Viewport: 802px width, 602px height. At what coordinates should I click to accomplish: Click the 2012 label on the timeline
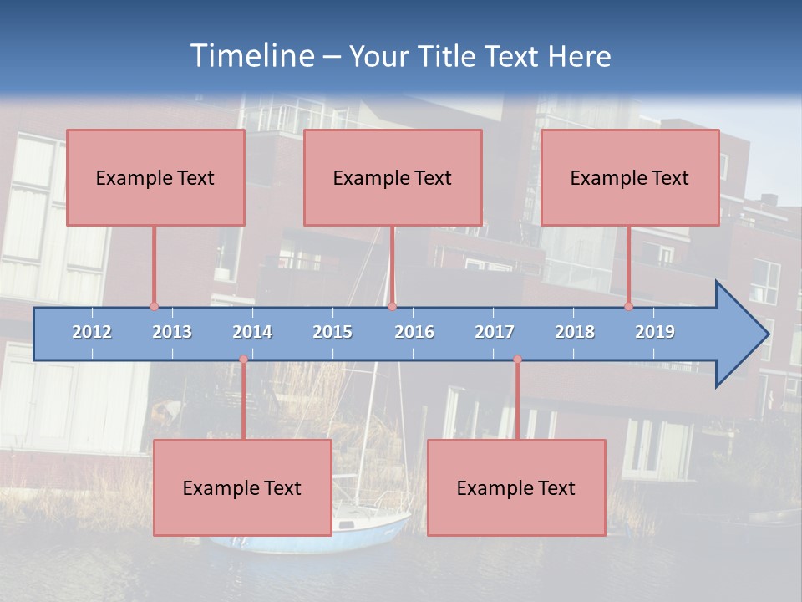92,332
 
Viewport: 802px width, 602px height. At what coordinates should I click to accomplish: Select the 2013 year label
172,332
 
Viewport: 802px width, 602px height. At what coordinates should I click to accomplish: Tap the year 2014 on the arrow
252,332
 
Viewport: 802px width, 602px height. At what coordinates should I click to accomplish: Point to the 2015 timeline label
332,332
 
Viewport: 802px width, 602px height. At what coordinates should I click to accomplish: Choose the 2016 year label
414,332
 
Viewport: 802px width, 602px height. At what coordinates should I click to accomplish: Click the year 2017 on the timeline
495,332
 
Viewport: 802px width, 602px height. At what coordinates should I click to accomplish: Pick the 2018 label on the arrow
575,332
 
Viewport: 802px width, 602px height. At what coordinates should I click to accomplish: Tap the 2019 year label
655,332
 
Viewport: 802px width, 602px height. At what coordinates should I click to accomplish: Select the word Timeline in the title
251,56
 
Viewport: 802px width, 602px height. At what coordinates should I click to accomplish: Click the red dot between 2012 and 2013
154,306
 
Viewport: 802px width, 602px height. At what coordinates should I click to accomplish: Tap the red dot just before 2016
393,306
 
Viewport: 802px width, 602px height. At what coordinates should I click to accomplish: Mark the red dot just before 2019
629,306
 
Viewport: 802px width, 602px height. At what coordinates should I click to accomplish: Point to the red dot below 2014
243,360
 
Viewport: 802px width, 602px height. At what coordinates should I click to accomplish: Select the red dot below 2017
517,360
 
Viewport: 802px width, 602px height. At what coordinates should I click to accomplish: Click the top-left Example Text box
155,177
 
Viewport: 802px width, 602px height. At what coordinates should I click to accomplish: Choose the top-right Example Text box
630,177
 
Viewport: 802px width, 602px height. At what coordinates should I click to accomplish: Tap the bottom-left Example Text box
242,487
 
